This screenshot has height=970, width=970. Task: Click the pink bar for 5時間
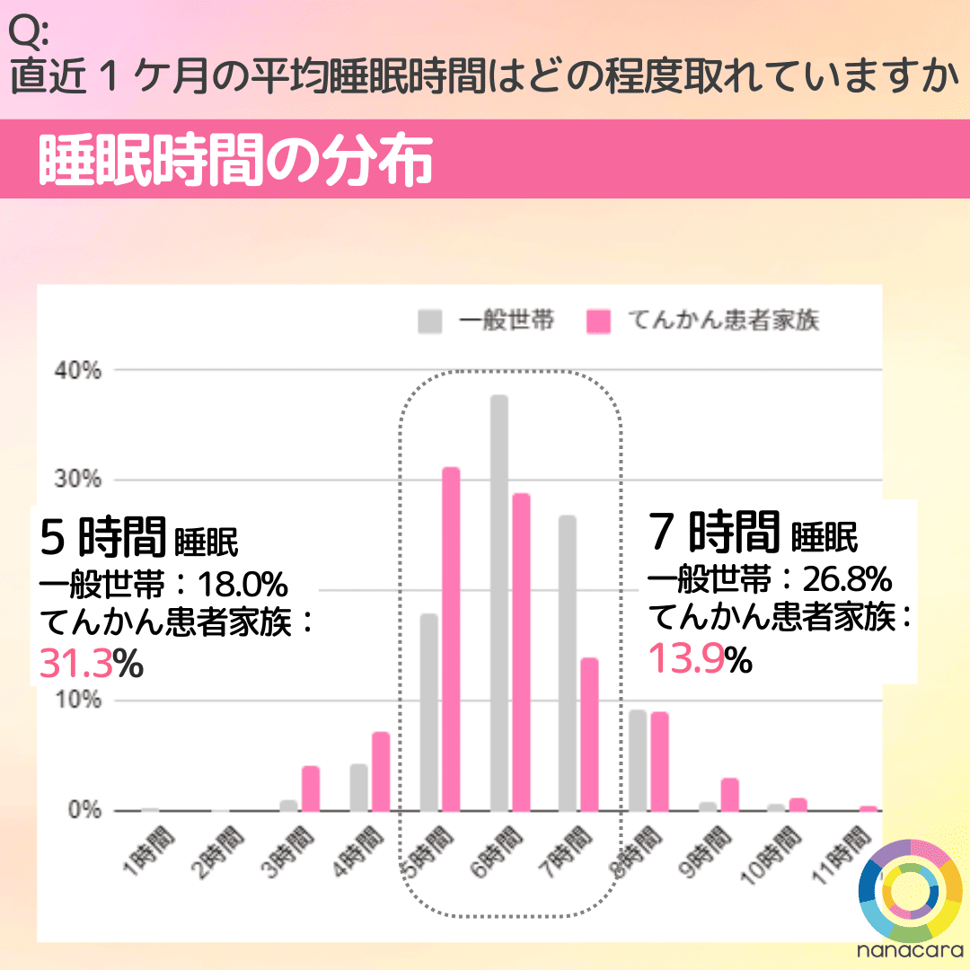[x=450, y=639]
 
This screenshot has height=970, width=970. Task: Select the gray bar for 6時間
[x=498, y=603]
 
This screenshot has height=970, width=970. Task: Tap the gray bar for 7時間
[x=567, y=663]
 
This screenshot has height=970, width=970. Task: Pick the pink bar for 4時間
[x=381, y=772]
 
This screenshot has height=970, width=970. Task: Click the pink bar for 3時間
[x=311, y=788]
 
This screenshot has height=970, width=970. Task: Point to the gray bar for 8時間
[x=638, y=760]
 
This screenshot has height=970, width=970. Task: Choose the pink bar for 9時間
[x=729, y=794]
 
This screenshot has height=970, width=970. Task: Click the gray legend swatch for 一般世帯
[x=430, y=321]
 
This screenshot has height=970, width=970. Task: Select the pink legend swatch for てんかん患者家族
[x=598, y=321]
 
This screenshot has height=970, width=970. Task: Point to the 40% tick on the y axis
[x=84, y=370]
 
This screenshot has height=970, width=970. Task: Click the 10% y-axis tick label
[x=84, y=701]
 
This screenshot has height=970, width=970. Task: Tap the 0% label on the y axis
[x=88, y=811]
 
